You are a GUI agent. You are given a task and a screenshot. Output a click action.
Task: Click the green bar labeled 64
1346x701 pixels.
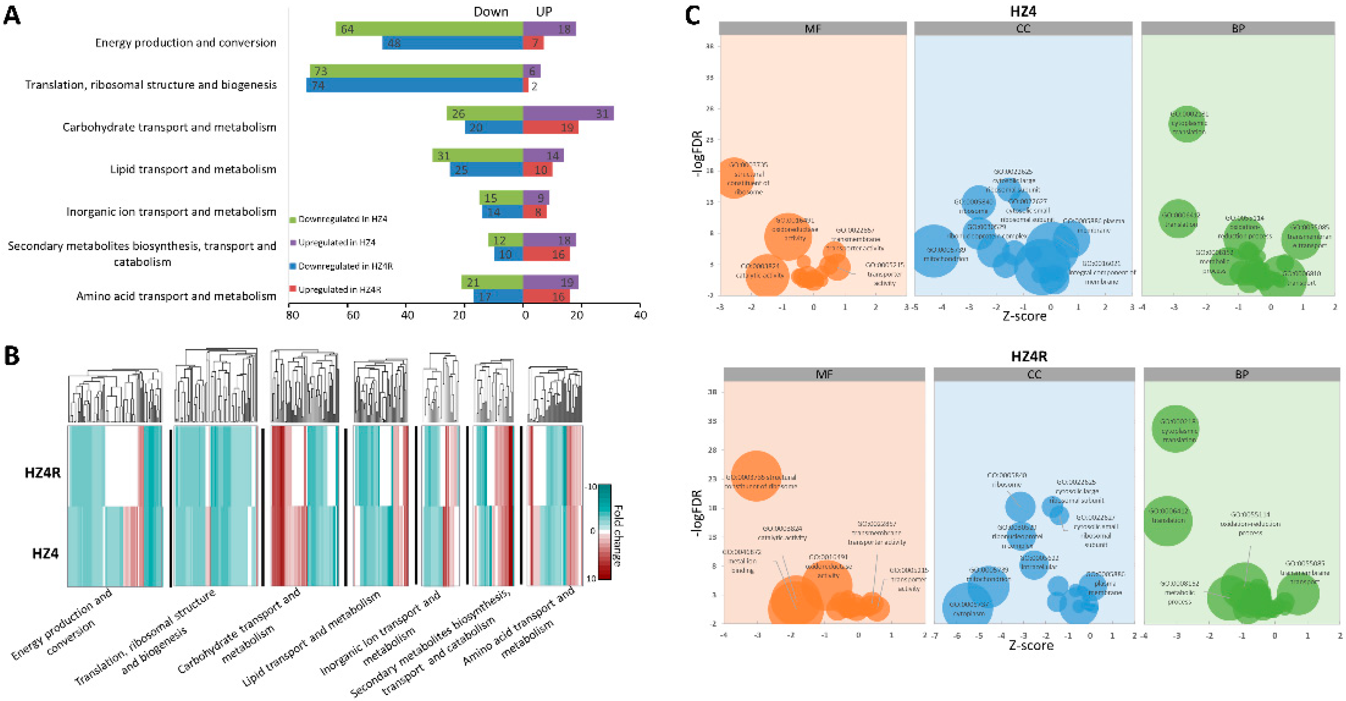(429, 29)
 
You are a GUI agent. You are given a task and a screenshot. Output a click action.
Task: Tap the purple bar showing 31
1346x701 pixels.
(568, 113)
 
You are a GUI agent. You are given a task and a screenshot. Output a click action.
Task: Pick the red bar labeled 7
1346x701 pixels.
(533, 43)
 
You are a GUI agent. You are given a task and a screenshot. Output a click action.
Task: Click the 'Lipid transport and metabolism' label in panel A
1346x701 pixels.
(193, 169)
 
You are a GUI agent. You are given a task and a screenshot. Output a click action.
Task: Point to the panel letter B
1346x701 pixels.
(12, 356)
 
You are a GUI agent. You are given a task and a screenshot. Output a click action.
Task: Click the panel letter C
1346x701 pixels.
(692, 15)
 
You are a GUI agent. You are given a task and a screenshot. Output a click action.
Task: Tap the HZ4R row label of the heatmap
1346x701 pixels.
(43, 472)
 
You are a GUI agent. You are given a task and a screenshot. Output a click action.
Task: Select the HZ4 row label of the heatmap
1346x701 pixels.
(46, 554)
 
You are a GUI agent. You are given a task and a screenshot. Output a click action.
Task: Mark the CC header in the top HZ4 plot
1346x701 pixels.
(1023, 29)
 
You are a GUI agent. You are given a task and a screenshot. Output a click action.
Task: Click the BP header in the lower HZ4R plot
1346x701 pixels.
(1242, 374)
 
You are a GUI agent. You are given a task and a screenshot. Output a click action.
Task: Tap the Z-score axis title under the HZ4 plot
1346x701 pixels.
(1024, 316)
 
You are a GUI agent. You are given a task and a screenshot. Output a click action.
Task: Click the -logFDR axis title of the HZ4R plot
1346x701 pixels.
(696, 513)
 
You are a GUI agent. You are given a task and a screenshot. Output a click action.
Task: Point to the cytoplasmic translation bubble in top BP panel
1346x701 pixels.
(1186, 124)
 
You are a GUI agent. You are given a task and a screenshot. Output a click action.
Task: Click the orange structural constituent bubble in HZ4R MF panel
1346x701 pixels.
(755, 476)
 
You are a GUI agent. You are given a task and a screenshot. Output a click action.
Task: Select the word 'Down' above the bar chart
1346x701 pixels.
(490, 12)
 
